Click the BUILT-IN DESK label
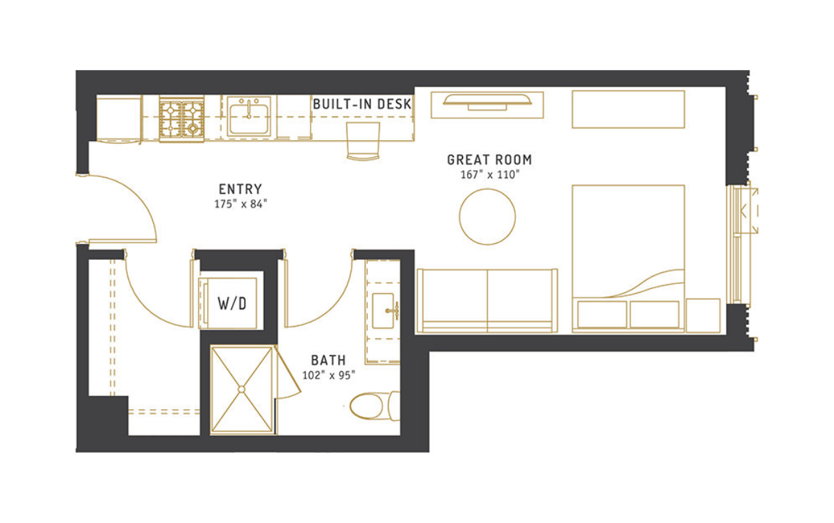coord(362,104)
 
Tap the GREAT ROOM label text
coord(489,160)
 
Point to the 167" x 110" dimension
coord(489,174)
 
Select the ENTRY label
coord(240,190)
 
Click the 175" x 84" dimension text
coord(240,204)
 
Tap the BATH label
coord(328,360)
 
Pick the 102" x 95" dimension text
coord(328,375)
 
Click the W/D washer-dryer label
coord(232,304)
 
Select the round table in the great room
coord(487,217)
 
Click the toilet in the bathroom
coord(375,406)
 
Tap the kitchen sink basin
coord(249,118)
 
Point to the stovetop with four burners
coord(181,119)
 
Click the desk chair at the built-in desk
coord(363,141)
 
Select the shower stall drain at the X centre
coord(241,390)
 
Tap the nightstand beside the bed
coord(703,315)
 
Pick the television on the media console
coord(487,103)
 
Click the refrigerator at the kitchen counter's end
coord(119,119)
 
